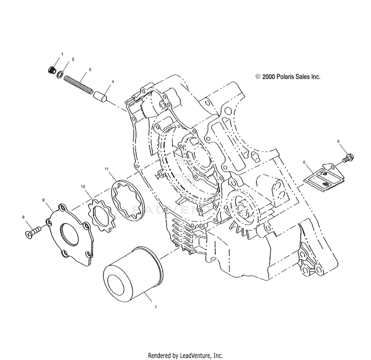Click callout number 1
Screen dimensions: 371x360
tap(62, 54)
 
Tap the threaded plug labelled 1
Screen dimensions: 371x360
tap(52, 70)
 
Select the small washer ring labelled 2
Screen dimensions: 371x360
tap(60, 75)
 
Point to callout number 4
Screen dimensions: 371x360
tap(113, 82)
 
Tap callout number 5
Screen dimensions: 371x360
tap(338, 141)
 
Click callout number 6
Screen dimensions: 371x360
tap(304, 162)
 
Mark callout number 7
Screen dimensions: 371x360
tap(155, 307)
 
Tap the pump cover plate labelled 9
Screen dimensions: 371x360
tap(70, 233)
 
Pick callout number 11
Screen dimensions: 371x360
tap(106, 169)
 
